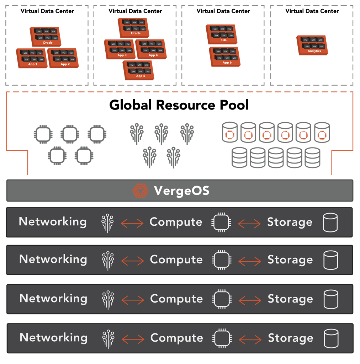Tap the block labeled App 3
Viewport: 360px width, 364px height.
click(x=120, y=49)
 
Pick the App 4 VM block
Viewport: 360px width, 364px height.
click(x=151, y=49)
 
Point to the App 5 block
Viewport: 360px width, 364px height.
click(x=138, y=70)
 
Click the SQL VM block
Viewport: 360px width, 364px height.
click(x=221, y=34)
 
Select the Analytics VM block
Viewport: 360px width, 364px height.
click(x=312, y=45)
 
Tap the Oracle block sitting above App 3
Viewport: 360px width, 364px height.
click(x=134, y=28)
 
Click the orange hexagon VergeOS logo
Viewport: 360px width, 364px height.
click(x=140, y=191)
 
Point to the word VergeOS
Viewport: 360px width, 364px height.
click(x=181, y=191)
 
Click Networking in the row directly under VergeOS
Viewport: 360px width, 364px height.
click(x=53, y=222)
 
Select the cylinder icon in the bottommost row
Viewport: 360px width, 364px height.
click(x=331, y=338)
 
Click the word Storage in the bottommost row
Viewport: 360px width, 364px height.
click(x=290, y=338)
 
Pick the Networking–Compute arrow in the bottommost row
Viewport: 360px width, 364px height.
click(x=133, y=339)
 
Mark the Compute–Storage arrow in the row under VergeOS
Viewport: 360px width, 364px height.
click(x=249, y=224)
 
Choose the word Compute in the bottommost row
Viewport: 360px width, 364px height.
click(x=176, y=338)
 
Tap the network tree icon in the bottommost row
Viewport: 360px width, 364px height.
click(x=108, y=339)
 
